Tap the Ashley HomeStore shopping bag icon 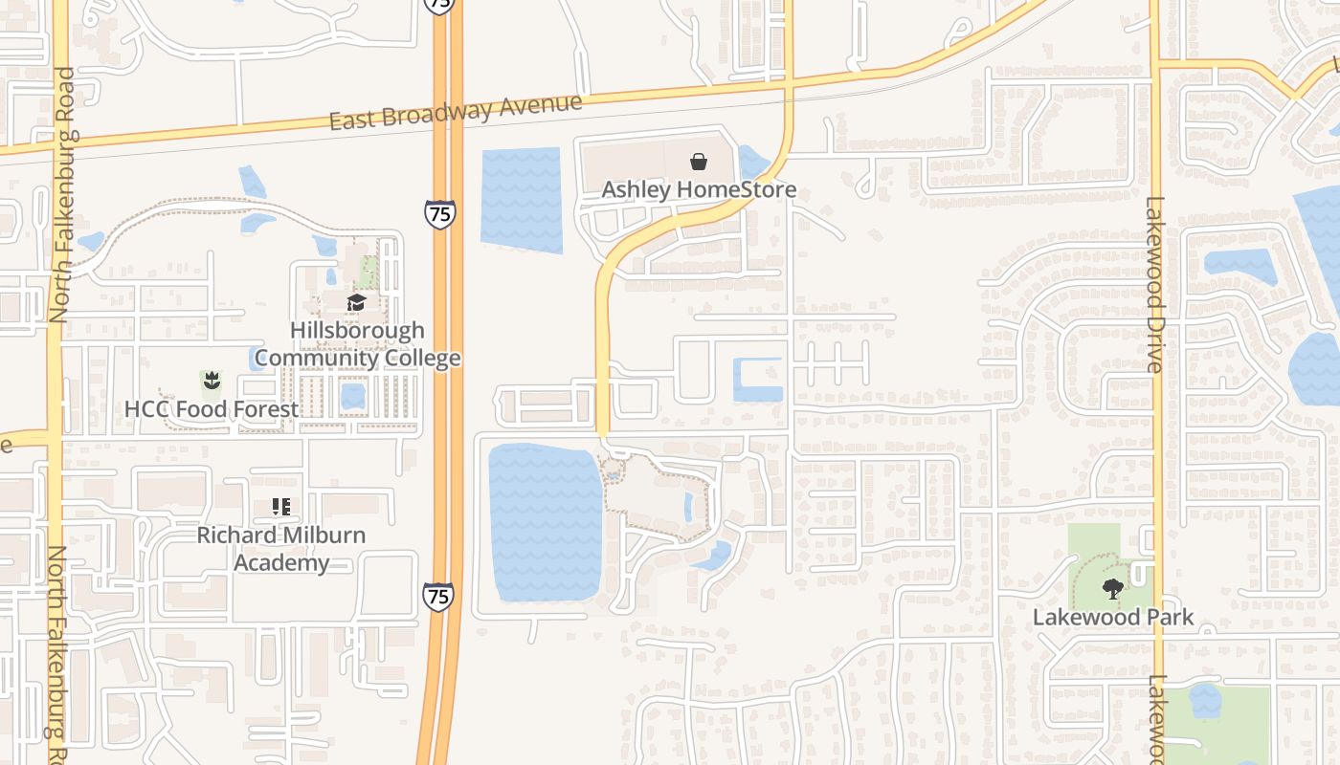pos(699,162)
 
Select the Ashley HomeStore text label pos(699,189)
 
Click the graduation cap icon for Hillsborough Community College pos(357,303)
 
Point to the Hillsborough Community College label pos(357,344)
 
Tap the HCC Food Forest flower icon pos(211,382)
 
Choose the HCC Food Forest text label pos(212,409)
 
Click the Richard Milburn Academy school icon pos(280,507)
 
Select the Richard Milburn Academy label pos(281,548)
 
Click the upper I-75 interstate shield pos(440,213)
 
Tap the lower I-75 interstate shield pos(437,597)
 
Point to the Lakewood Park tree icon pos(1112,589)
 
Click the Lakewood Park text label pos(1113,617)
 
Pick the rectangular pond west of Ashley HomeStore pos(521,200)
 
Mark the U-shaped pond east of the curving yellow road pos(758,379)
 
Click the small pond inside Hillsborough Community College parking pos(353,395)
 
